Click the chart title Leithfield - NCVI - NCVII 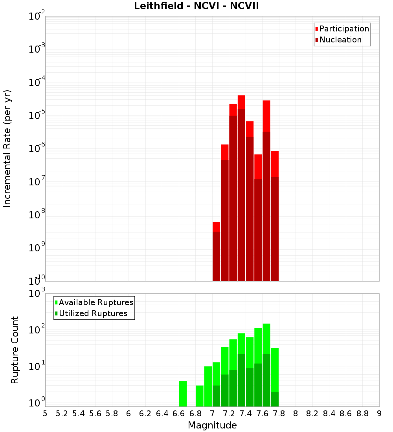click(196, 6)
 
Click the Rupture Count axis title click(15, 350)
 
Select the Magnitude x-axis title click(212, 425)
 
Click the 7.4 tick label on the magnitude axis click(246, 414)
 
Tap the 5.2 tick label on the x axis click(62, 414)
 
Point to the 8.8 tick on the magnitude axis click(363, 414)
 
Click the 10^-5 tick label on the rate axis click(38, 115)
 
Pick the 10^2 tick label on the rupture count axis click(38, 329)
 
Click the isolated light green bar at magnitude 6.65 click(183, 394)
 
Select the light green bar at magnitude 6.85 click(200, 396)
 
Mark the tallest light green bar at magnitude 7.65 click(266, 338)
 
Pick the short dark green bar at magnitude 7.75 click(275, 399)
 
